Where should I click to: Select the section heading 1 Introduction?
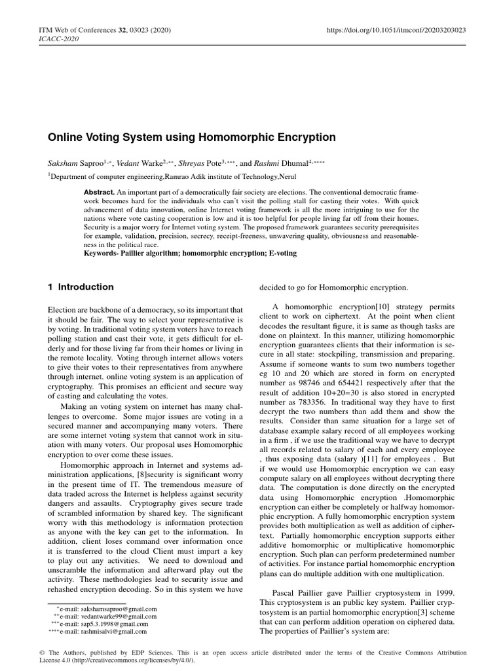(x=81, y=287)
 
